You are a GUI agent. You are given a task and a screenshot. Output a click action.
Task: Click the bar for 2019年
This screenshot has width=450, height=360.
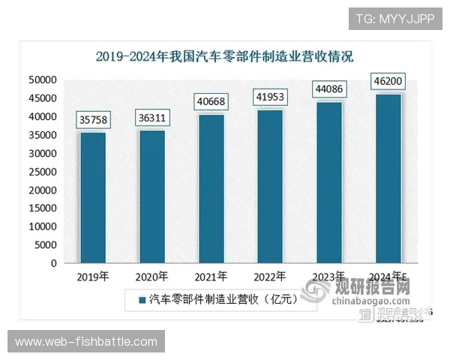(x=93, y=197)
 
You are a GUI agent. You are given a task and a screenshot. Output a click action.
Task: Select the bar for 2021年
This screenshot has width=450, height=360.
(x=211, y=188)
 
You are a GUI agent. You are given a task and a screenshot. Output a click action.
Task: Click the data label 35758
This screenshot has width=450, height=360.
(x=93, y=121)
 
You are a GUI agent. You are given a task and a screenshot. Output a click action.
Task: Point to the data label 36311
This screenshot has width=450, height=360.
(x=152, y=118)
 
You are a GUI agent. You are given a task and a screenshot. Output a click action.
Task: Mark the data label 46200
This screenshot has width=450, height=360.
(x=388, y=82)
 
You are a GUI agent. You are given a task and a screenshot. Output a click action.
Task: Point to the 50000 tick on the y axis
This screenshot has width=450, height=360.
(x=43, y=80)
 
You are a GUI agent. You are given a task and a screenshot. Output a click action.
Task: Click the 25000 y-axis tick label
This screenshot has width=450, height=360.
(x=43, y=172)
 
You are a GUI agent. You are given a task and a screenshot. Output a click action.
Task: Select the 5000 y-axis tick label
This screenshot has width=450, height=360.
(x=46, y=245)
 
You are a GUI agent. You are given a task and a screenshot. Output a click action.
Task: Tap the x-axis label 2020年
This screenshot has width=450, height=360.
(x=152, y=276)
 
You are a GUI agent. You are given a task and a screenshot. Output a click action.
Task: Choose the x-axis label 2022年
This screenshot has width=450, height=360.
(x=271, y=276)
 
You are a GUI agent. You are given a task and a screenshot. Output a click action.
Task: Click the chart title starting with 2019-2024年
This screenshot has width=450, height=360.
(x=224, y=56)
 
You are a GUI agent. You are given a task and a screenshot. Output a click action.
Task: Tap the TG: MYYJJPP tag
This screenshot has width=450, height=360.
(x=395, y=18)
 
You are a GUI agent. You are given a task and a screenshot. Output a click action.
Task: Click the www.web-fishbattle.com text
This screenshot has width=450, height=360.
(x=86, y=342)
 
